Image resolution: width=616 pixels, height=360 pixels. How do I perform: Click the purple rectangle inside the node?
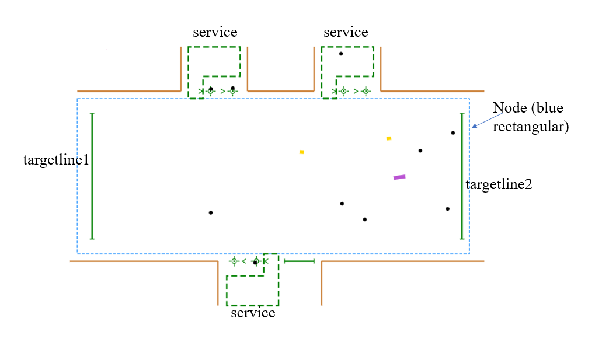(399, 177)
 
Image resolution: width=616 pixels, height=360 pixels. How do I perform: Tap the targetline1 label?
(56, 160)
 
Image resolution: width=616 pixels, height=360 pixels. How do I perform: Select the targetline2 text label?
(499, 184)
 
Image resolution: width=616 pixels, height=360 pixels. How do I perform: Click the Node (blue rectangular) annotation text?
(530, 117)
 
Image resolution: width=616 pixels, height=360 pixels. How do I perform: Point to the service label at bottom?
(253, 313)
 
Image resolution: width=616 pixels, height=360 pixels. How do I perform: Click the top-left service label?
(215, 32)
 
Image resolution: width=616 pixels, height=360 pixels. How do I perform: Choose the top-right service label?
(346, 32)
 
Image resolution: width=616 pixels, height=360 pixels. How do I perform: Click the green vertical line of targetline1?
(92, 176)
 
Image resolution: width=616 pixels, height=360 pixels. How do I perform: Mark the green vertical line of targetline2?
(462, 176)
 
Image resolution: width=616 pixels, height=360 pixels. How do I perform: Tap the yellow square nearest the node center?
(302, 152)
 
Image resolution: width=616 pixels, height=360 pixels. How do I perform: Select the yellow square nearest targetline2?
(389, 138)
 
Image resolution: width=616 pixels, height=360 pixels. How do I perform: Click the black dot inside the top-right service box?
(341, 54)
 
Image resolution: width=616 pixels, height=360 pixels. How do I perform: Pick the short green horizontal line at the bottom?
(300, 261)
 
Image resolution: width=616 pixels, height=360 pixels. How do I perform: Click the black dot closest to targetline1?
(211, 212)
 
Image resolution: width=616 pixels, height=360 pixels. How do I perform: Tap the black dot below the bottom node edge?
(255, 263)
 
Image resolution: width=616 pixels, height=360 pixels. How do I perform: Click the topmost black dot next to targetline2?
(453, 132)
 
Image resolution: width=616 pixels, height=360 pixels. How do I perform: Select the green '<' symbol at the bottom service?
(244, 261)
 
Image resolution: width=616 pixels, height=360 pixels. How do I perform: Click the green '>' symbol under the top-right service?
(355, 91)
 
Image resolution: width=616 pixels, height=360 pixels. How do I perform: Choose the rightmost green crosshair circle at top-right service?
(366, 91)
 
